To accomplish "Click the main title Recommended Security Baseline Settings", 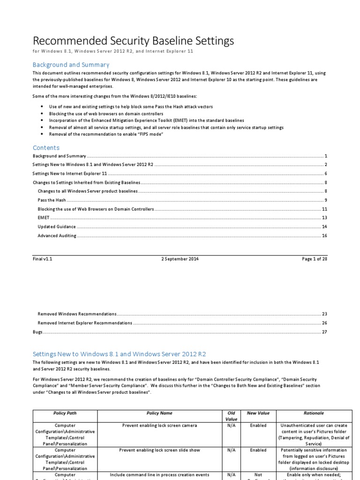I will point(133,41).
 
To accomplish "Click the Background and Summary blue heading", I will point(71,65).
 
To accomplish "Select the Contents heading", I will point(46,148).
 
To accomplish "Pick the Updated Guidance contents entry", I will point(56,227).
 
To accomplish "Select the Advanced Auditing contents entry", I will point(57,236).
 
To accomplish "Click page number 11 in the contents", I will point(324,209).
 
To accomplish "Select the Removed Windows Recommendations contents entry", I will point(77,314).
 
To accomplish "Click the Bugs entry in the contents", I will point(37,332).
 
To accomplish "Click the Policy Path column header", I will point(65,413).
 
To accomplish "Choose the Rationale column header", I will point(314,413).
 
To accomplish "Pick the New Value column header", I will point(258,413).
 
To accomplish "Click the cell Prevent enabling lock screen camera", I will point(159,426).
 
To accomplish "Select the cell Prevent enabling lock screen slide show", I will point(159,450).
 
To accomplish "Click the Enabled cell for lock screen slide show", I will point(258,450).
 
